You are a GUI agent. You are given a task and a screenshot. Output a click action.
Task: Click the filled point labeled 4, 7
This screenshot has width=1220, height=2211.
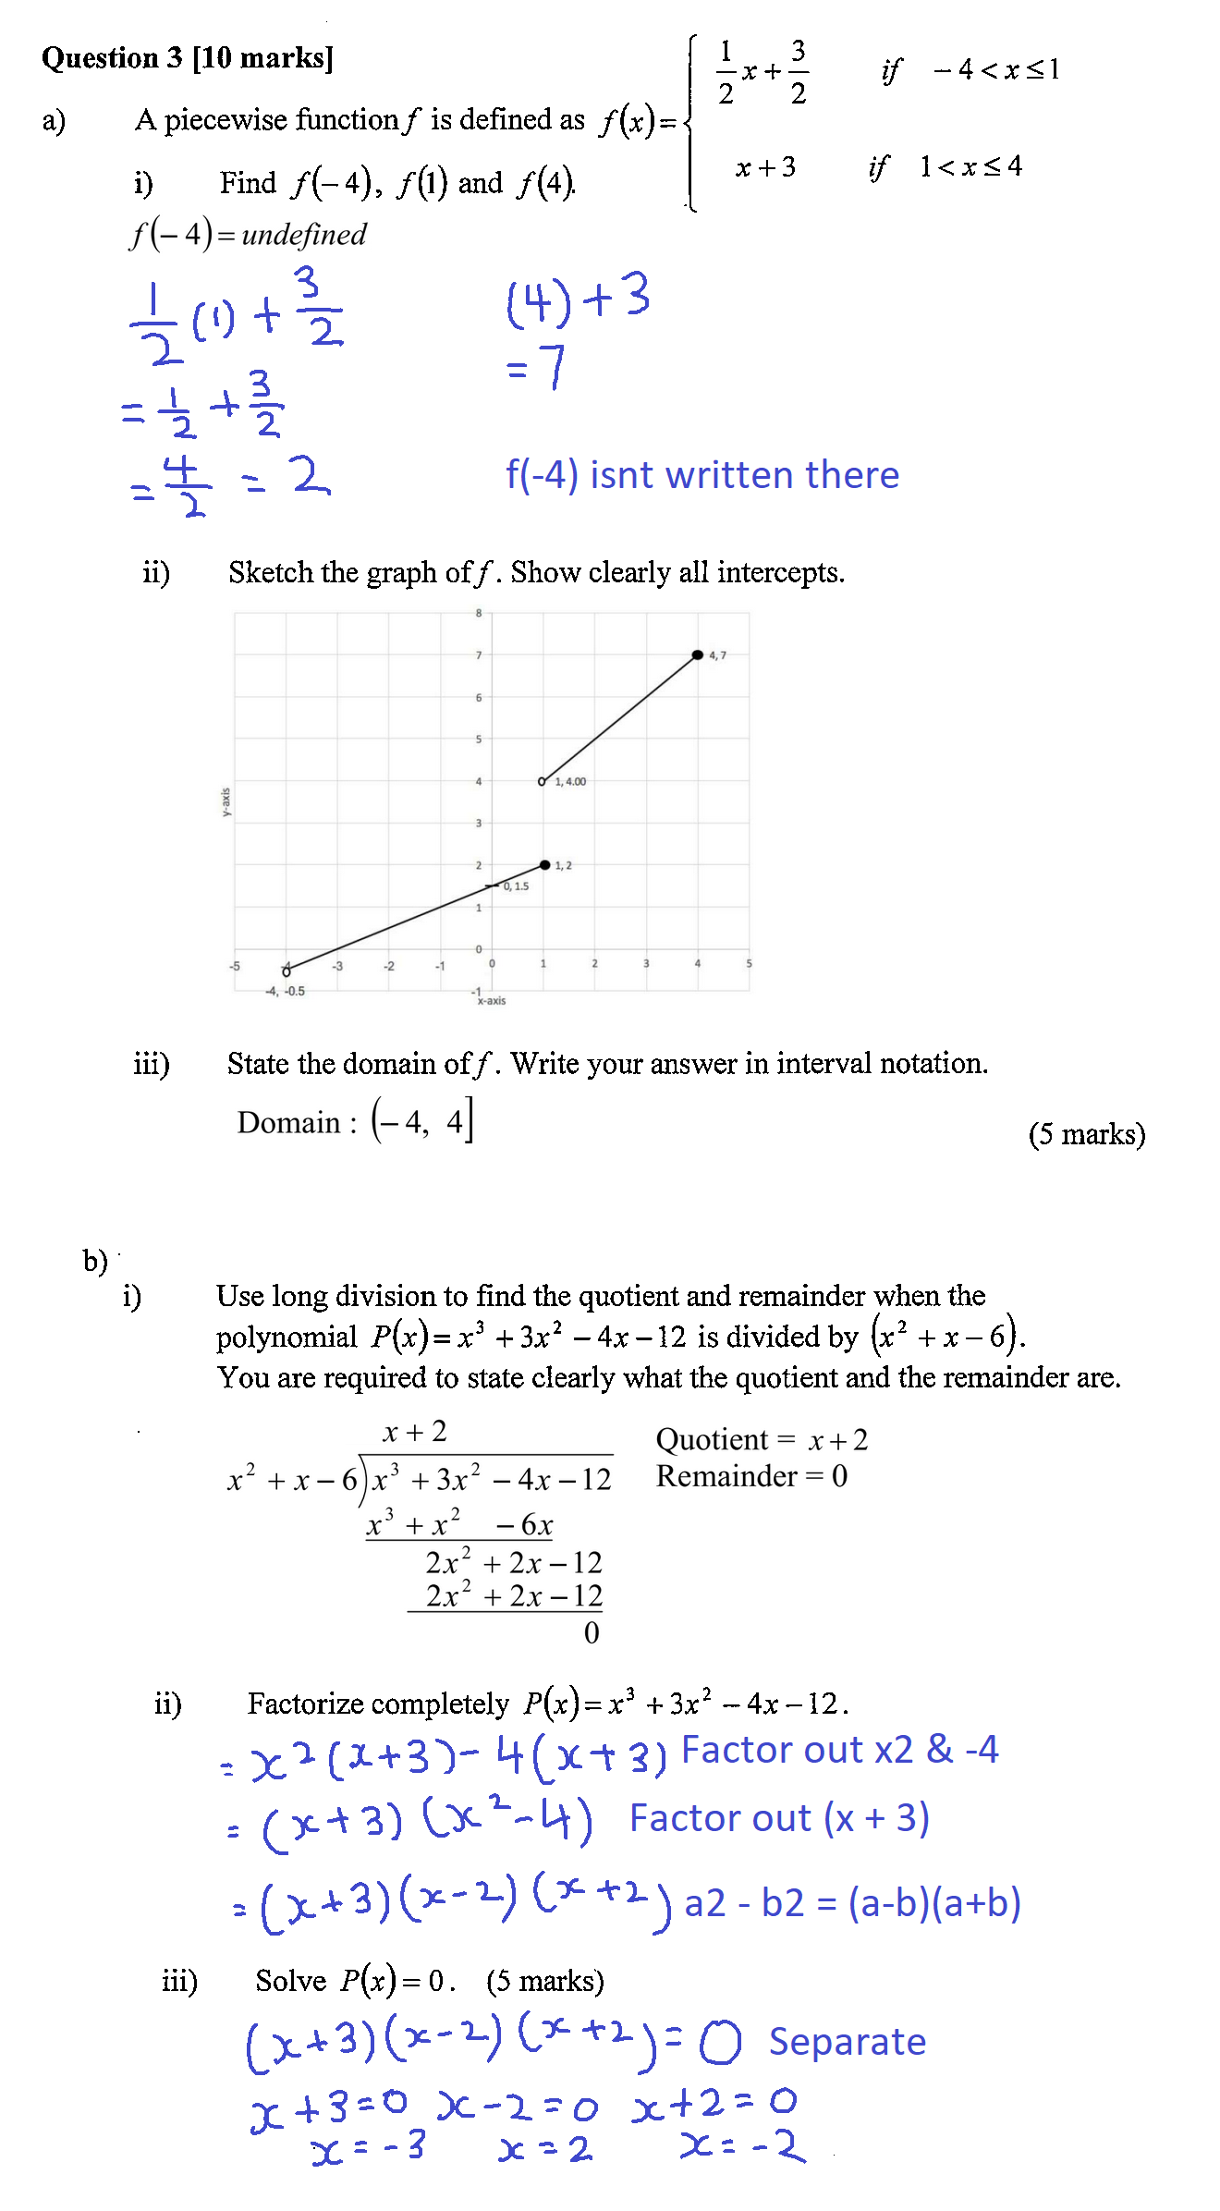(x=697, y=655)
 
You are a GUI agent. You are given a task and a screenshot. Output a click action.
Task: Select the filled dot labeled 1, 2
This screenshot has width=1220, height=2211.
(x=545, y=865)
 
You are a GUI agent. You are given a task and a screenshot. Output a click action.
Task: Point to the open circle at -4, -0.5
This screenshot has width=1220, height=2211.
(x=287, y=971)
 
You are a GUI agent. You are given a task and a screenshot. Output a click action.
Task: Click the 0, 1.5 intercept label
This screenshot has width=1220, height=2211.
(x=516, y=886)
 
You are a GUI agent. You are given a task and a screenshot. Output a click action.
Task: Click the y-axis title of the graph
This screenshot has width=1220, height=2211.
(x=226, y=801)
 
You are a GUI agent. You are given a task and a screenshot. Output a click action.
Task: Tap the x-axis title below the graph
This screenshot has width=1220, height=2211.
(x=491, y=1001)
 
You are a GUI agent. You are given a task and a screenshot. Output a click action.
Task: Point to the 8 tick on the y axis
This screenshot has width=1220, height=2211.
(x=479, y=613)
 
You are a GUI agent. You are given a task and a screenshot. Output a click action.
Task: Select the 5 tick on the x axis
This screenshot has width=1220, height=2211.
(x=749, y=964)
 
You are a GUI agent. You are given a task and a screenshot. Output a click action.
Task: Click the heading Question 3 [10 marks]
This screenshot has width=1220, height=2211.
(x=188, y=58)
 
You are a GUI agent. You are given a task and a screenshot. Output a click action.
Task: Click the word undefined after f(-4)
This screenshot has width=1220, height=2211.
(x=304, y=235)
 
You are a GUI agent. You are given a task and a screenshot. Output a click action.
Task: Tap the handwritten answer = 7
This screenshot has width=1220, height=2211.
(x=536, y=368)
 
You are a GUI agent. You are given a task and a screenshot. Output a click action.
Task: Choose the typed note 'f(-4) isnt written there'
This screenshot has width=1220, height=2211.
(x=701, y=475)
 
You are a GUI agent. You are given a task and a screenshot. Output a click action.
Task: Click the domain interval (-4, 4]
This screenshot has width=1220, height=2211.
(x=422, y=1121)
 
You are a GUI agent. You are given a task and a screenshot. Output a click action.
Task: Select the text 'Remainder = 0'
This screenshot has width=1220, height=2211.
(x=751, y=1476)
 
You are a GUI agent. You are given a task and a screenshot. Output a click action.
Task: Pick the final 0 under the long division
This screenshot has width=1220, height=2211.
(x=592, y=1633)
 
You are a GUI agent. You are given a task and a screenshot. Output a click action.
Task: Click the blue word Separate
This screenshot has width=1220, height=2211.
(x=847, y=2042)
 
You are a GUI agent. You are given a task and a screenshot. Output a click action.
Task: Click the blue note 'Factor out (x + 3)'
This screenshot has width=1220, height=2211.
(x=778, y=1818)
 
